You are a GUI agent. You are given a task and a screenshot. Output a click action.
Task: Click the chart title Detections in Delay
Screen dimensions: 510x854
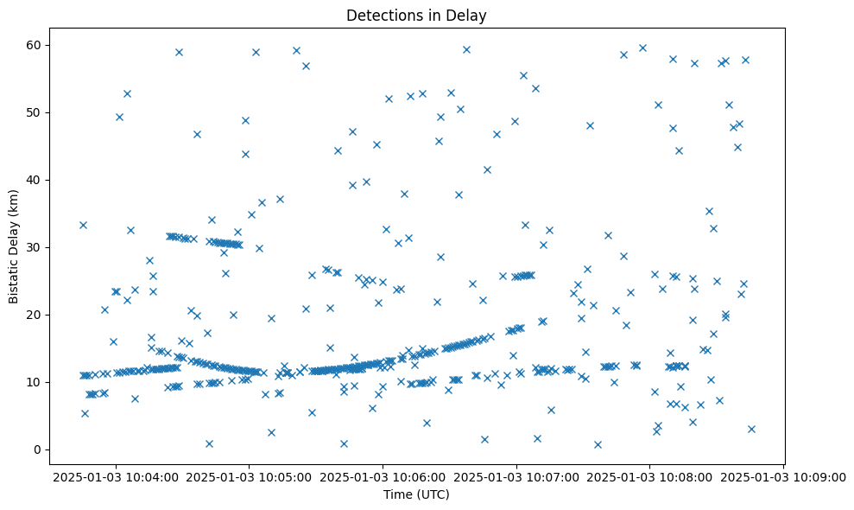pyautogui.click(x=415, y=16)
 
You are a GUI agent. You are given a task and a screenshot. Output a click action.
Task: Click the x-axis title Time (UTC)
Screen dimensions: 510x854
pyautogui.click(x=416, y=494)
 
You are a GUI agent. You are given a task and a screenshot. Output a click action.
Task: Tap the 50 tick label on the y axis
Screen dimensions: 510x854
pyautogui.click(x=35, y=112)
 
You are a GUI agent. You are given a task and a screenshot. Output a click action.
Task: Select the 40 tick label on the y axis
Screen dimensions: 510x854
pyautogui.click(x=35, y=180)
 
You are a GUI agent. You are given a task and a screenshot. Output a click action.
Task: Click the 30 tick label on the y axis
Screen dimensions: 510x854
pyautogui.click(x=35, y=247)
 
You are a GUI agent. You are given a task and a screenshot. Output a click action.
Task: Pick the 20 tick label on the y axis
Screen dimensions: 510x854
pyautogui.click(x=35, y=315)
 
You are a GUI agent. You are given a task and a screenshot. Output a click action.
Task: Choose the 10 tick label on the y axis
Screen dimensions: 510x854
pyautogui.click(x=35, y=382)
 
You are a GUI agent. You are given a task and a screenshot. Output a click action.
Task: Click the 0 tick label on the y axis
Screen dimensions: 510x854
pyautogui.click(x=38, y=449)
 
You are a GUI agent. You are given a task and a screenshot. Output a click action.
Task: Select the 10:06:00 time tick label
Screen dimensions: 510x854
pyautogui.click(x=383, y=476)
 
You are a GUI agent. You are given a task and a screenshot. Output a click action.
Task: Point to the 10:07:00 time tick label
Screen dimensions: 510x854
pyautogui.click(x=516, y=476)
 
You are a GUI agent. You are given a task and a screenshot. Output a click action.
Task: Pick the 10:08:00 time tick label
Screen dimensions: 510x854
pyautogui.click(x=650, y=476)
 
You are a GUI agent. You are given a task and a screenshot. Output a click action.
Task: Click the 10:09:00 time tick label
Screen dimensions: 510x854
pyautogui.click(x=783, y=476)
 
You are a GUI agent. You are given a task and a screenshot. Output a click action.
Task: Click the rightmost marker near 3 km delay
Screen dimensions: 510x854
pyautogui.click(x=751, y=429)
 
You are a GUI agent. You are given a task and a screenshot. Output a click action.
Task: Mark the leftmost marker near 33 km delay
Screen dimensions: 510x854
pyautogui.click(x=83, y=225)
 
